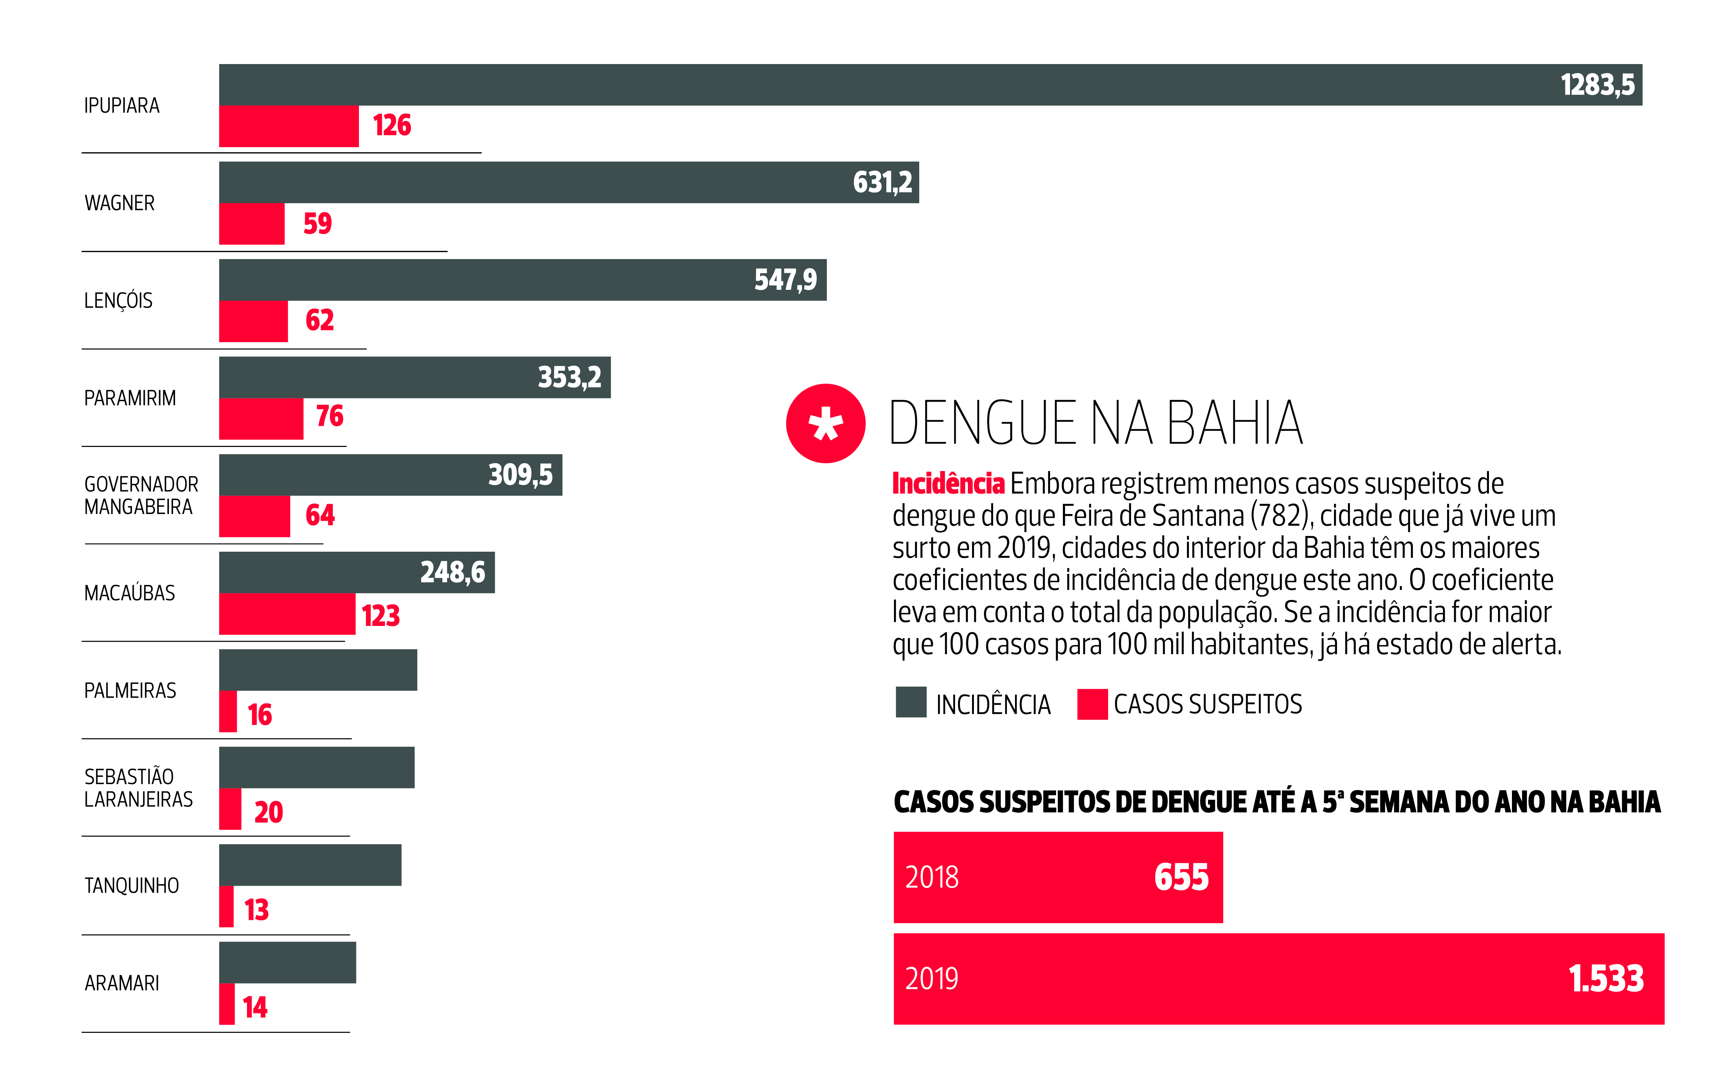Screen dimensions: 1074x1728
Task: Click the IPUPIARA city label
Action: click(121, 106)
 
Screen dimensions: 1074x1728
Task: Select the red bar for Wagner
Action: click(251, 224)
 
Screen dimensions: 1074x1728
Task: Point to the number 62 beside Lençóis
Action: click(320, 320)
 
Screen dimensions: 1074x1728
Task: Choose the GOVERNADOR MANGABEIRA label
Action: click(141, 496)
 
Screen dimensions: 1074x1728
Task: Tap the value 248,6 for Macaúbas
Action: click(452, 572)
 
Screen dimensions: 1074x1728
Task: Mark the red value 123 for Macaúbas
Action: click(381, 616)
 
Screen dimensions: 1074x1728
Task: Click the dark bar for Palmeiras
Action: click(317, 670)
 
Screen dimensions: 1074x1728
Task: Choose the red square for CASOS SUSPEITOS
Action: click(1092, 704)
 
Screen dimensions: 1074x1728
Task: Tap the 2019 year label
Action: click(932, 979)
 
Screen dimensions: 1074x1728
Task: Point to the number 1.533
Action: click(1606, 979)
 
